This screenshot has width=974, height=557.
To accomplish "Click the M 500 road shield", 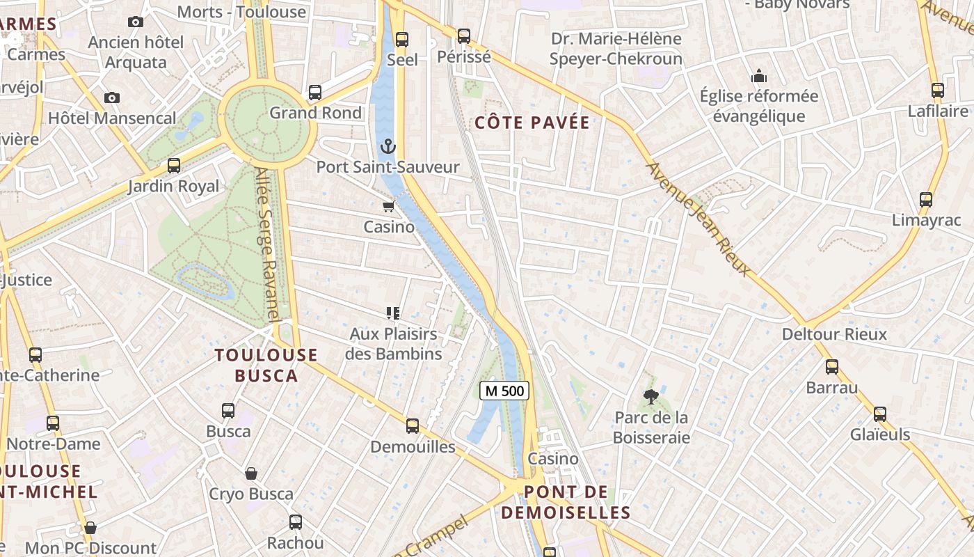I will pyautogui.click(x=504, y=391).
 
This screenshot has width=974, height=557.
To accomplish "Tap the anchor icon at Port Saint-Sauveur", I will pyautogui.click(x=388, y=146).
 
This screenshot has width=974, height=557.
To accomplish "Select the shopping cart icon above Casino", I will pyautogui.click(x=388, y=206).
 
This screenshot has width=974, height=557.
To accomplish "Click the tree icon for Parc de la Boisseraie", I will pyautogui.click(x=651, y=397).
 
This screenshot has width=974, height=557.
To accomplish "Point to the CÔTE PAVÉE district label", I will pyautogui.click(x=532, y=123).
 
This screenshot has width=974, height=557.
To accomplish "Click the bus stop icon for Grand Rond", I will pyautogui.click(x=315, y=92).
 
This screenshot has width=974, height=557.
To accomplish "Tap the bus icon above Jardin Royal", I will pyautogui.click(x=174, y=166).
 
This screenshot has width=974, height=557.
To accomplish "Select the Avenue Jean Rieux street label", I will pyautogui.click(x=699, y=219).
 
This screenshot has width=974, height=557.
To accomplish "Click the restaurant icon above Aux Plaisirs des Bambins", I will pyautogui.click(x=393, y=313).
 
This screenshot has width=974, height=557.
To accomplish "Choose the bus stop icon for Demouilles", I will pyautogui.click(x=413, y=425).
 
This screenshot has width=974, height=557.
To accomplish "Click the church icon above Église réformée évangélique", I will pyautogui.click(x=758, y=75).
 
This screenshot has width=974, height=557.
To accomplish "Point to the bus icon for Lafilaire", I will pyautogui.click(x=938, y=91).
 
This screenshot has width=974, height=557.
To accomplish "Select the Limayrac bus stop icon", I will pyautogui.click(x=926, y=200).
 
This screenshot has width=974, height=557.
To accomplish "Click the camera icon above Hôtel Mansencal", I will pyautogui.click(x=111, y=97).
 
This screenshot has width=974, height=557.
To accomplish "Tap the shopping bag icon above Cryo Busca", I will pyautogui.click(x=251, y=473).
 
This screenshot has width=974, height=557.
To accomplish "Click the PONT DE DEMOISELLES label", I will pyautogui.click(x=566, y=503).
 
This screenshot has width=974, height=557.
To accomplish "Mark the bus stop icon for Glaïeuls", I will pyautogui.click(x=880, y=414).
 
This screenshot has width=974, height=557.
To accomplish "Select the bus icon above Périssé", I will pyautogui.click(x=464, y=36).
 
